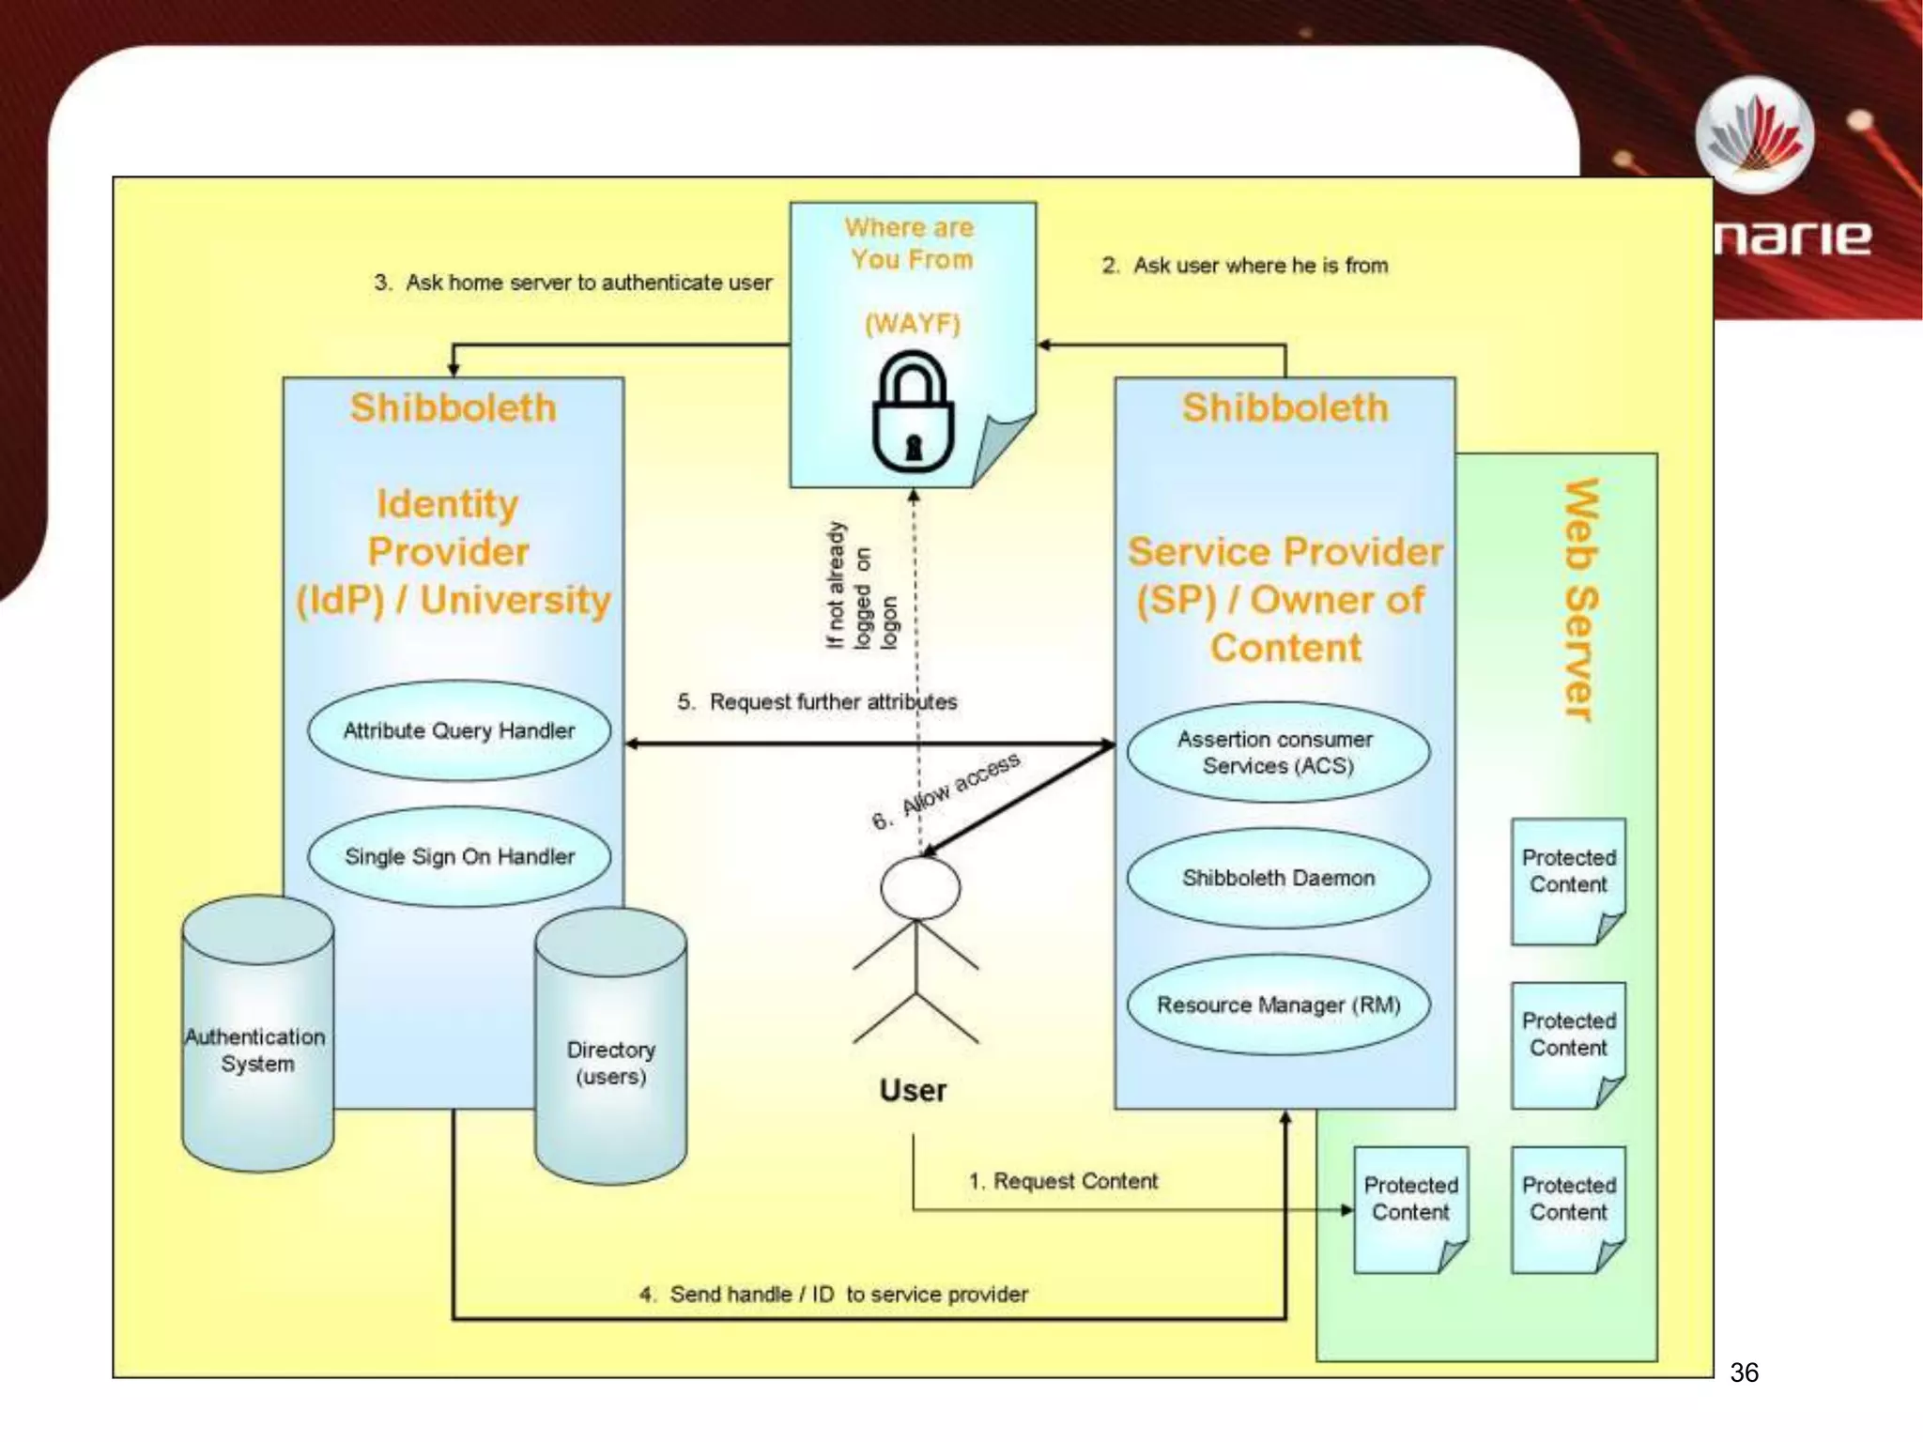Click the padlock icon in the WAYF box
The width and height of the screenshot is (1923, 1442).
(x=913, y=412)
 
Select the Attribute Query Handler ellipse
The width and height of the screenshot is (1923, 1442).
(x=459, y=730)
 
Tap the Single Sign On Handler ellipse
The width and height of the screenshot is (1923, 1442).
(x=459, y=856)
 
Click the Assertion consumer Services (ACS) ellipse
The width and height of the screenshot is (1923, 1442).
(x=1278, y=752)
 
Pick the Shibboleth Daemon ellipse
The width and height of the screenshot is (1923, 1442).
(x=1278, y=878)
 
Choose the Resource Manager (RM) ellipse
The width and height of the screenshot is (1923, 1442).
(x=1278, y=1005)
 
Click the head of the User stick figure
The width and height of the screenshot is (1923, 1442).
(x=919, y=887)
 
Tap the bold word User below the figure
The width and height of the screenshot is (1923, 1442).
(x=913, y=1090)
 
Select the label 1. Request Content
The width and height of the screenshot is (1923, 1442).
(x=1063, y=1181)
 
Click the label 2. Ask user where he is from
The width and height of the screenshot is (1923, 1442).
(x=1245, y=266)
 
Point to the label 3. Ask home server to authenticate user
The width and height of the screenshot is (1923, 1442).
(x=573, y=283)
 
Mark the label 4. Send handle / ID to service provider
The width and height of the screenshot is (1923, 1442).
(x=834, y=1295)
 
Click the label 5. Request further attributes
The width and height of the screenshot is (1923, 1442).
(x=817, y=702)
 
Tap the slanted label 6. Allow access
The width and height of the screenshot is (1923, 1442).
(x=946, y=792)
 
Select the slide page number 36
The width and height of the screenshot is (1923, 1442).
(x=1744, y=1373)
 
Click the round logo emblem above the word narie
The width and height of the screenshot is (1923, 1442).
(x=1754, y=136)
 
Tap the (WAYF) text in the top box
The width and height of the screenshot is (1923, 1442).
(x=913, y=324)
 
